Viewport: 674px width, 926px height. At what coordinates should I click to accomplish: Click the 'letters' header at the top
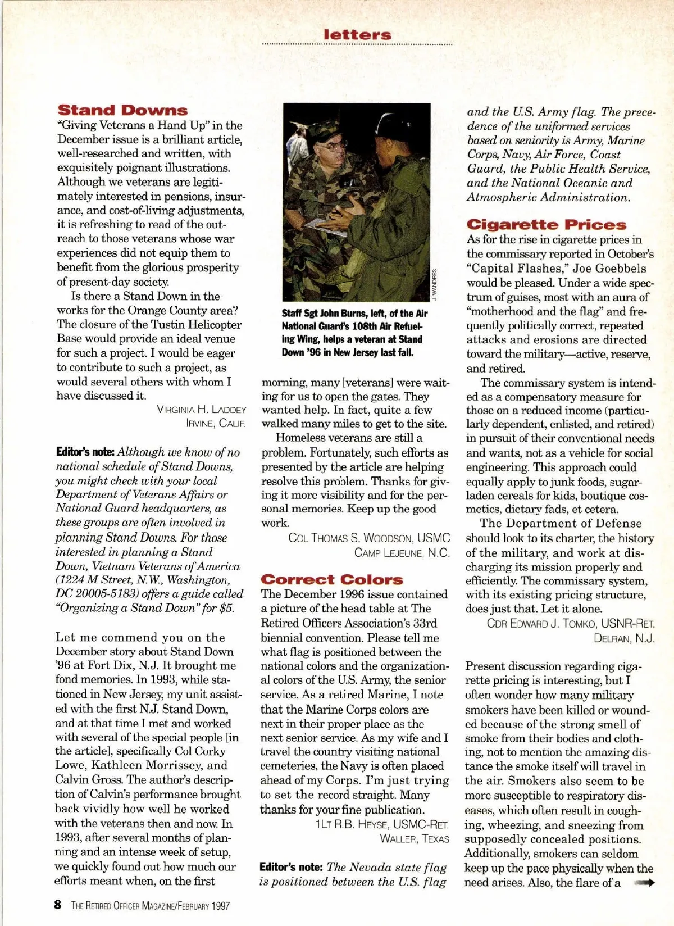click(357, 35)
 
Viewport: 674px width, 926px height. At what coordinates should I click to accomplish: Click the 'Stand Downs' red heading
click(122, 110)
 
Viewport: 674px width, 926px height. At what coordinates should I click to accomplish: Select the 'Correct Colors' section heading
click(332, 579)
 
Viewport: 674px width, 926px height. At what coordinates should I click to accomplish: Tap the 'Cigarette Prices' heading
click(547, 225)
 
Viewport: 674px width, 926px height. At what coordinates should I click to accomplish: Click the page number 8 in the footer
click(58, 905)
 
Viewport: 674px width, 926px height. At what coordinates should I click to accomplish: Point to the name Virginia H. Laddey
click(202, 410)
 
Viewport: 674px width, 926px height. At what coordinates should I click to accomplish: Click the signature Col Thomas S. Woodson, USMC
click(369, 538)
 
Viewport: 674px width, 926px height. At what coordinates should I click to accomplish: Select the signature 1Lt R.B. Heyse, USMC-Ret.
click(382, 824)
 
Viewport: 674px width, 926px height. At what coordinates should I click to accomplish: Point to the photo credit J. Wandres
click(434, 284)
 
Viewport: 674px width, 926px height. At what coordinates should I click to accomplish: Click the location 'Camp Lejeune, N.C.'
click(402, 552)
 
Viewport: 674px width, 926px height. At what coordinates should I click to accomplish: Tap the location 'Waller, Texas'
click(415, 839)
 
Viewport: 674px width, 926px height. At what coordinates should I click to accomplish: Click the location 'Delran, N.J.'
click(624, 638)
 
